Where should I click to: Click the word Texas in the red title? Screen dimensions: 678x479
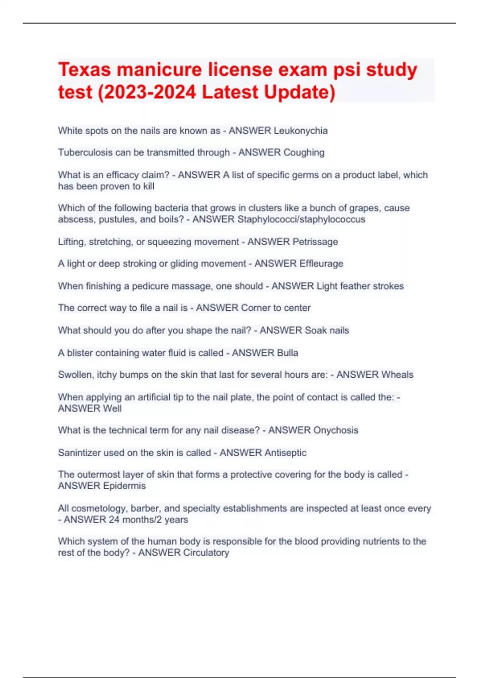click(x=84, y=70)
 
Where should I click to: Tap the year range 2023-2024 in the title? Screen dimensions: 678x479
click(x=150, y=92)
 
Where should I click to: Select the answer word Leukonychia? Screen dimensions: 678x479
click(x=301, y=131)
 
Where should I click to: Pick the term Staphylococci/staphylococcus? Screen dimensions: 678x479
click(x=301, y=219)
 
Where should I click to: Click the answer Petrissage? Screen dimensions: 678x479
click(x=315, y=242)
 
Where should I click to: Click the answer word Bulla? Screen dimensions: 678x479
click(x=287, y=353)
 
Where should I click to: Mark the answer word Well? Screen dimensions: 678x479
click(x=112, y=408)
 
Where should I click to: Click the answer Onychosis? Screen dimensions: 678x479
click(x=336, y=430)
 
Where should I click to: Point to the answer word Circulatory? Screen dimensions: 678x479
click(x=206, y=553)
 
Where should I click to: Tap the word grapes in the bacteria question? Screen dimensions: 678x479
click(x=364, y=208)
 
